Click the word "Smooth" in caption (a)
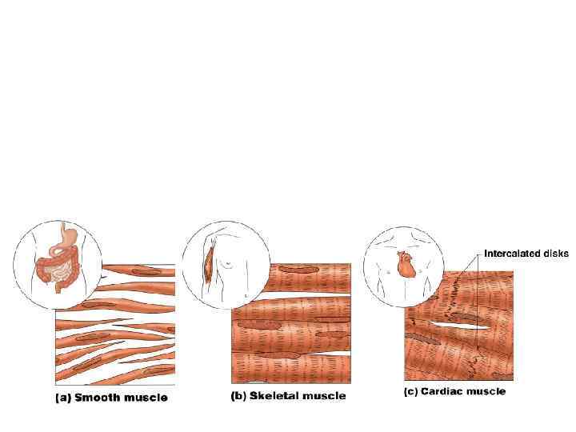97,397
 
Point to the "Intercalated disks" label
526,254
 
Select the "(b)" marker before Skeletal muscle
239,395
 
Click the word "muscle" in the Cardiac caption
486,392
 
